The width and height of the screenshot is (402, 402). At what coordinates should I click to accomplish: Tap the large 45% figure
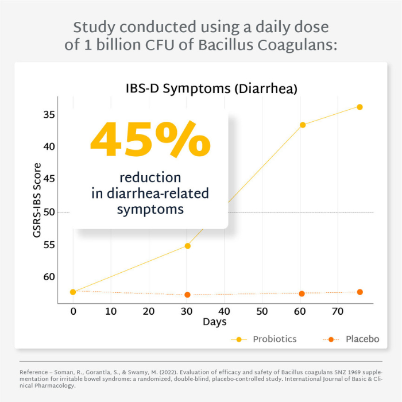tap(150, 141)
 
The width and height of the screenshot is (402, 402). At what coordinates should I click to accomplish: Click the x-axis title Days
tap(214, 322)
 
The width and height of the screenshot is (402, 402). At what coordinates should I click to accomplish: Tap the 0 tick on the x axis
tap(73, 311)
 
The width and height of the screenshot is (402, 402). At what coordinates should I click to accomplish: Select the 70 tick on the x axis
tap(338, 311)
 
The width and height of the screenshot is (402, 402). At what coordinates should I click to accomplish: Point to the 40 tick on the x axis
tap(225, 311)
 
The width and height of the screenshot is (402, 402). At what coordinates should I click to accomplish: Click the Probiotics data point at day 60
tap(303, 125)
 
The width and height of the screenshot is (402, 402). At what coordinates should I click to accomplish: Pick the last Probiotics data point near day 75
tap(360, 107)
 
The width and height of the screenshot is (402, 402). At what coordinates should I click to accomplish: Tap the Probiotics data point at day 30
tap(187, 246)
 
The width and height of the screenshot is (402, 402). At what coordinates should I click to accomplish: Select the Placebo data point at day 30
tap(187, 295)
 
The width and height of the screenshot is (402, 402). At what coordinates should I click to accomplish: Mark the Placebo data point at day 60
tap(302, 293)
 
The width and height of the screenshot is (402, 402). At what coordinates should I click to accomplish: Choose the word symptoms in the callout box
tap(150, 209)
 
